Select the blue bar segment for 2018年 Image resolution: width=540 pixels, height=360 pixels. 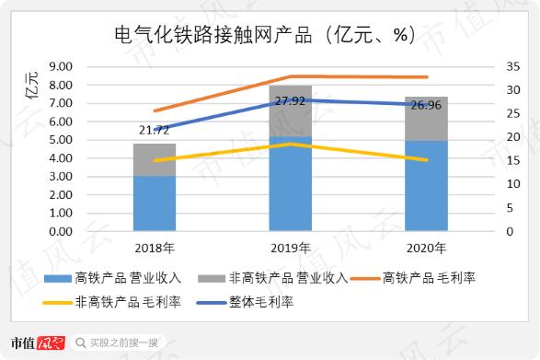pos(155,203)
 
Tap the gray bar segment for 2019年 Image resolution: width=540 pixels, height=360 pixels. pos(290,111)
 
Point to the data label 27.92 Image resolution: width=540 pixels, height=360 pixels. pos(290,99)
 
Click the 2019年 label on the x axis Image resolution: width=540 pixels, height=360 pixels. pos(291,249)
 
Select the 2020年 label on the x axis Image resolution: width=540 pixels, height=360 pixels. pos(427,249)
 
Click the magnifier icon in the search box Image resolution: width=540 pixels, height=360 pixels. pos(81,343)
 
